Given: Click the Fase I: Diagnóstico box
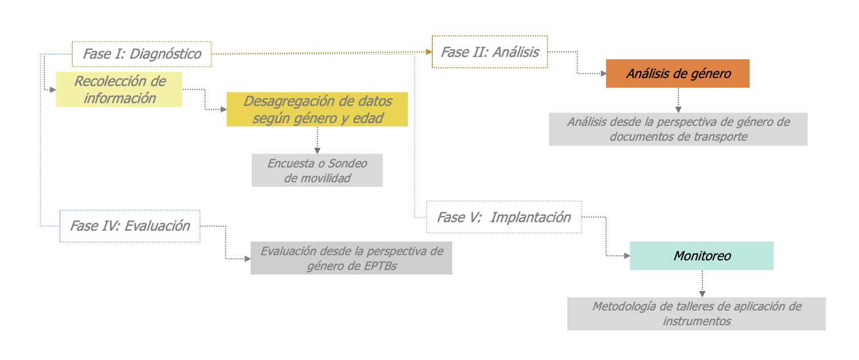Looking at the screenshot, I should pyautogui.click(x=142, y=54).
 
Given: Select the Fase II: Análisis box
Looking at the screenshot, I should pyautogui.click(x=490, y=52).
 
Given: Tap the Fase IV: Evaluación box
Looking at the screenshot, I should pyautogui.click(x=130, y=226).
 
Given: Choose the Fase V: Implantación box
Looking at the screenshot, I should pyautogui.click(x=504, y=217).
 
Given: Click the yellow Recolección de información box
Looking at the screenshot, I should pyautogui.click(x=119, y=89).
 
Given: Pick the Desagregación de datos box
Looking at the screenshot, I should pyautogui.click(x=317, y=109).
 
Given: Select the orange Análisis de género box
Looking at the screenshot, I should pyautogui.click(x=677, y=73).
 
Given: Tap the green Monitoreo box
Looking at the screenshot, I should pyautogui.click(x=701, y=256).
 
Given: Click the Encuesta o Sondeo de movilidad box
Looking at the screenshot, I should pyautogui.click(x=317, y=170).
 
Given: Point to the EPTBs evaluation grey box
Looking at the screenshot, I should pyautogui.click(x=351, y=258).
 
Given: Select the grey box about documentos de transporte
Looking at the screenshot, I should pyautogui.click(x=678, y=129).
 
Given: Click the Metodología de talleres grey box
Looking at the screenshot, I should pyautogui.click(x=696, y=314).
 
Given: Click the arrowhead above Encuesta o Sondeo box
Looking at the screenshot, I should pyautogui.click(x=317, y=150).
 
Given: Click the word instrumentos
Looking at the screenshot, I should pyautogui.click(x=697, y=321).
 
